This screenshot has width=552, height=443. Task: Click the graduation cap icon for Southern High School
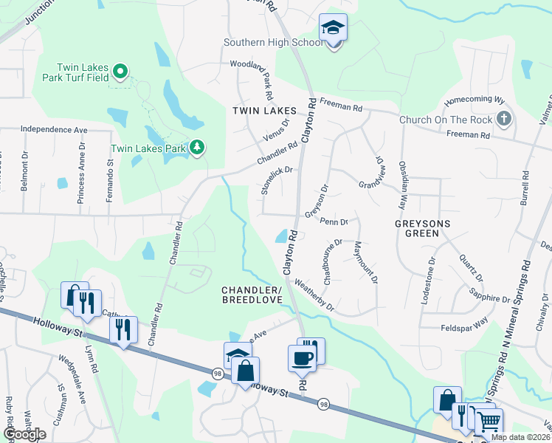coord(334,29)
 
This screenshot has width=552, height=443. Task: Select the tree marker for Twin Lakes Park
coord(197,148)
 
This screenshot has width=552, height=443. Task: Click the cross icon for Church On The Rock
coord(504,119)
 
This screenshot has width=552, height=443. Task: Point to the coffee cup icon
coord(303,360)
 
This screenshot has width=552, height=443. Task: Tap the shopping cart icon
coord(489,423)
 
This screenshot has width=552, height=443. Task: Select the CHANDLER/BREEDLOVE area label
coord(252,295)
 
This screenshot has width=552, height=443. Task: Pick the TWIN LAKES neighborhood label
coord(264,110)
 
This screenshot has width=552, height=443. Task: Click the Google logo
coord(24,435)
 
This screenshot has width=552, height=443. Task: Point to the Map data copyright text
coord(520,437)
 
